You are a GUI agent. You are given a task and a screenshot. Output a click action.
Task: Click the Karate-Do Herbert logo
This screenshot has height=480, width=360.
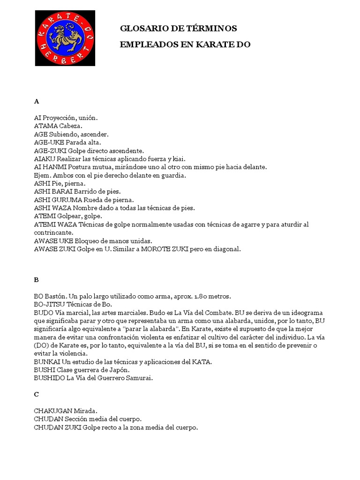coord(65,38)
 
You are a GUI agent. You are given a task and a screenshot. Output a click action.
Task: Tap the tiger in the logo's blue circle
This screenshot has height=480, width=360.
coord(65,38)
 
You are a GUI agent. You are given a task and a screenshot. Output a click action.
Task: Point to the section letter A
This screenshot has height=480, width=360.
coord(37,101)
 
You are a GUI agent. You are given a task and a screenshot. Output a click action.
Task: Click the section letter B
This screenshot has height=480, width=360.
coord(37,280)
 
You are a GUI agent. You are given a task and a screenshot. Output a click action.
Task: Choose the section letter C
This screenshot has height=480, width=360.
coord(37,395)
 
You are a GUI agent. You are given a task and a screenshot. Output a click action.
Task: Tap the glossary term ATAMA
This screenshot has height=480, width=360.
coord(45,126)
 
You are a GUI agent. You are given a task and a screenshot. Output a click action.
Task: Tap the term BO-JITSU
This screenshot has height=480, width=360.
coord(51,305)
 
